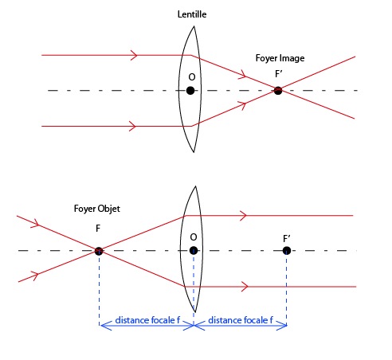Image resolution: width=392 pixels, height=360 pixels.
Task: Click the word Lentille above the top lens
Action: click(192, 14)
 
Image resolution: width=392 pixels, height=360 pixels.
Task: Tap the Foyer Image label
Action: click(280, 58)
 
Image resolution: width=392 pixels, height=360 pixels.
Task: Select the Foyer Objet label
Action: click(97, 209)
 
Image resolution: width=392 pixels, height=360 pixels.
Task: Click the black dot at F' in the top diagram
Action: click(278, 91)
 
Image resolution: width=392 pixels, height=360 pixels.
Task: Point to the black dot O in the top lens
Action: click(190, 91)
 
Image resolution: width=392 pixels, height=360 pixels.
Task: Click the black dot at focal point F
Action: click(99, 251)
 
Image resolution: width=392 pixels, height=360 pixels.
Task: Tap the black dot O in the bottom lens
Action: click(194, 250)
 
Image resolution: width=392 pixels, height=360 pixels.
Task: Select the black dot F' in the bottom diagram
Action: click(287, 250)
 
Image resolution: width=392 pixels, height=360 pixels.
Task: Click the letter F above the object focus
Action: click(98, 229)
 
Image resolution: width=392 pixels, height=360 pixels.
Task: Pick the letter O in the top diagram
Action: click(192, 77)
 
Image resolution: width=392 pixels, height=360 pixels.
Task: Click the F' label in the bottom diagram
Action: click(286, 239)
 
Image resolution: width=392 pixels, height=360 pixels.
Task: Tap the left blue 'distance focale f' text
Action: click(147, 320)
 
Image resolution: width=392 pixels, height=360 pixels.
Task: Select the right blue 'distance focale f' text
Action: click(241, 320)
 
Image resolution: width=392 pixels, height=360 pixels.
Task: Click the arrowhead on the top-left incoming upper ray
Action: click(134, 55)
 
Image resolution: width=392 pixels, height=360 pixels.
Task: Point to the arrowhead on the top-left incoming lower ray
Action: click(132, 126)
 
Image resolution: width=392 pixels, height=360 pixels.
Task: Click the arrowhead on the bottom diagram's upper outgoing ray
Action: click(243, 215)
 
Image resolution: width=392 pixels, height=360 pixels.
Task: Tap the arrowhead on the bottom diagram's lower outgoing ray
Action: click(245, 287)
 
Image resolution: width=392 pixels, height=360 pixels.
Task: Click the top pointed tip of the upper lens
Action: click(194, 26)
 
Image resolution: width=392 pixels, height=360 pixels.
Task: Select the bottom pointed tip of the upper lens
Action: click(194, 152)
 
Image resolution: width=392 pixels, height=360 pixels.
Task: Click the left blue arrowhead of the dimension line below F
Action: click(105, 325)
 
